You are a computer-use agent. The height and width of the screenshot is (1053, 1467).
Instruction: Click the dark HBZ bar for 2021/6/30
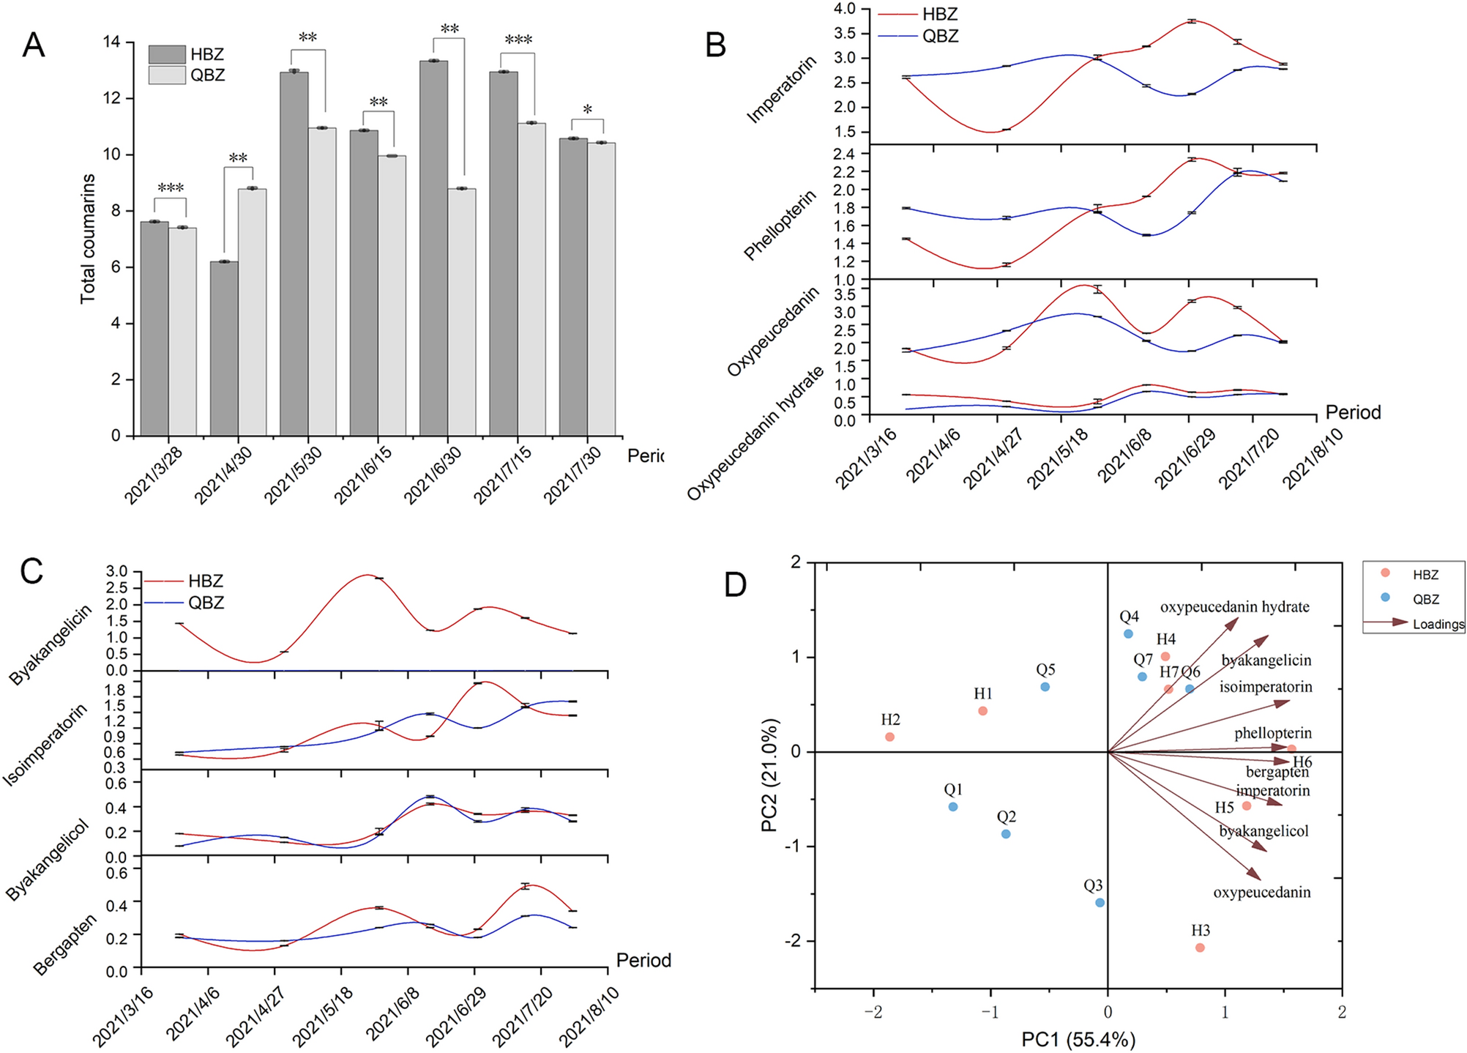point(433,249)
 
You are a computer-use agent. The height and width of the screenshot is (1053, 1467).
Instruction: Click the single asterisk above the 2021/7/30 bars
point(587,111)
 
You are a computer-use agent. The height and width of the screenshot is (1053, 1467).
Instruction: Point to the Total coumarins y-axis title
point(88,239)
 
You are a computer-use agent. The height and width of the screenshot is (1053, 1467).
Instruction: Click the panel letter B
point(714,45)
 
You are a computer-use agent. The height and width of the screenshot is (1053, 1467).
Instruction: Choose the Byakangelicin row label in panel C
point(51,645)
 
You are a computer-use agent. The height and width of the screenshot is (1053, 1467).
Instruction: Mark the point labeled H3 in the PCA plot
point(1200,948)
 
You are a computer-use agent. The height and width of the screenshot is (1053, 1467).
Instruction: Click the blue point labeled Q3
point(1100,902)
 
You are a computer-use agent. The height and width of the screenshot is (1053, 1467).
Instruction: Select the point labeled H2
point(889,737)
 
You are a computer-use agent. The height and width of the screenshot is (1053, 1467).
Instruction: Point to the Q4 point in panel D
point(1128,633)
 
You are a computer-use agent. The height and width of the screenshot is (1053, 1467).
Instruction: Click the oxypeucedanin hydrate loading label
point(1234,607)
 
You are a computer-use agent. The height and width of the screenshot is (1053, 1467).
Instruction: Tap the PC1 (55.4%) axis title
point(1078,1039)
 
